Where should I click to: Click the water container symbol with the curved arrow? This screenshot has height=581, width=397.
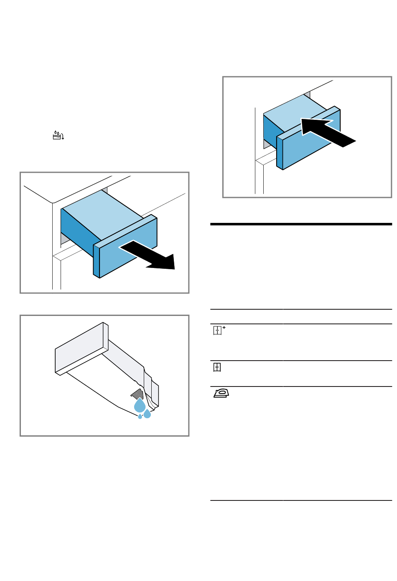tap(58, 135)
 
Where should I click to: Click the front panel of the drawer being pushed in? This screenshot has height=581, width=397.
tap(311, 142)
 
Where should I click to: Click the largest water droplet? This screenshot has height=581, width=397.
tap(140, 405)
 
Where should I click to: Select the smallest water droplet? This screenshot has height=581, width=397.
tap(140, 417)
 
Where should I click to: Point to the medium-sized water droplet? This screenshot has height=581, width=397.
tap(147, 414)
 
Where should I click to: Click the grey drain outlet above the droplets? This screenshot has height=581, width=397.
tap(137, 394)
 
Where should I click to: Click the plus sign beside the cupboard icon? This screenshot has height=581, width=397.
tap(224, 328)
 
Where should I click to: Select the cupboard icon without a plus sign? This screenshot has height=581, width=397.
tap(217, 367)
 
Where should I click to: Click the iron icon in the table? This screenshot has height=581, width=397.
tap(221, 393)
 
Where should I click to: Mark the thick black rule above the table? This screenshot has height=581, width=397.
tap(301, 224)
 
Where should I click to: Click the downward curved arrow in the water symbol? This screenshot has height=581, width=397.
tap(63, 136)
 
